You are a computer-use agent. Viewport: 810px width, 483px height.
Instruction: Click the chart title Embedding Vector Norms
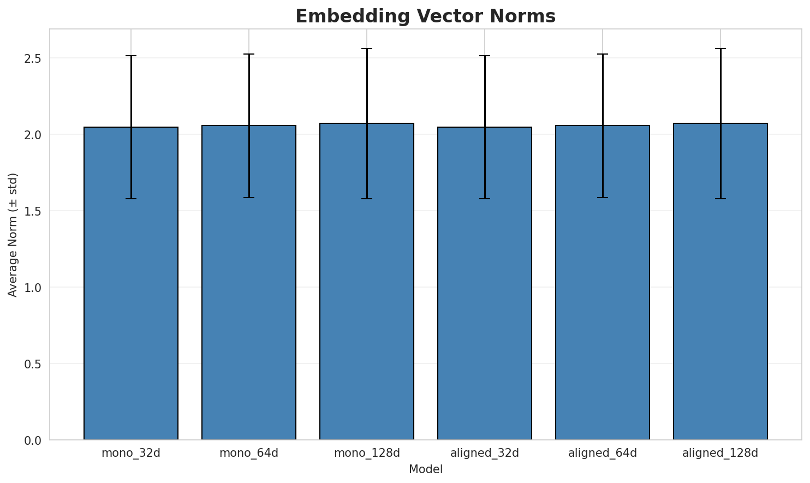(x=425, y=16)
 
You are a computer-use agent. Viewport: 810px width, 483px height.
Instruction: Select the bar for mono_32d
(x=131, y=283)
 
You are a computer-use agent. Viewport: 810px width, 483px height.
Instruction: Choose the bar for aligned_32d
(x=485, y=283)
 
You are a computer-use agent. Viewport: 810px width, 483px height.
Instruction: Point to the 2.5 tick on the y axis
(x=33, y=58)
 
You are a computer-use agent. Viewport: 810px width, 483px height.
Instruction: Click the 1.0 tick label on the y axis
(x=33, y=288)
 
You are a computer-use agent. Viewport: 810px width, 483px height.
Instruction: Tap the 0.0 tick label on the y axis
(x=33, y=440)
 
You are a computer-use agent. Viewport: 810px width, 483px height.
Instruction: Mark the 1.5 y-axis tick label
(x=33, y=211)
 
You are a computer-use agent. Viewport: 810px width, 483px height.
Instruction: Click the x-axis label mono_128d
(x=367, y=453)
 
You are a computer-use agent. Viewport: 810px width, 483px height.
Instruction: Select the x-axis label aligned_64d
(x=603, y=453)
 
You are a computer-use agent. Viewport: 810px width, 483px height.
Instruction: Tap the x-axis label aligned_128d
(x=720, y=453)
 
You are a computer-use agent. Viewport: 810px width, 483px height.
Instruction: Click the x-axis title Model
(x=425, y=469)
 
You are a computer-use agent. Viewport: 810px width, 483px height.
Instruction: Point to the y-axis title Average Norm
(x=13, y=235)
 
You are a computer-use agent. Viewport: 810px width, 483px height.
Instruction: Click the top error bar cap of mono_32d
(x=131, y=56)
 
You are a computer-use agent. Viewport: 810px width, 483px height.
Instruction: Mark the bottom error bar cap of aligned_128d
(x=720, y=199)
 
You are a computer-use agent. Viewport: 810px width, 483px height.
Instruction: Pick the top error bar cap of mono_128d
(x=367, y=49)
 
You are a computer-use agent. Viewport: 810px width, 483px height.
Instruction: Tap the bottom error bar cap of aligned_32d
(x=485, y=199)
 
